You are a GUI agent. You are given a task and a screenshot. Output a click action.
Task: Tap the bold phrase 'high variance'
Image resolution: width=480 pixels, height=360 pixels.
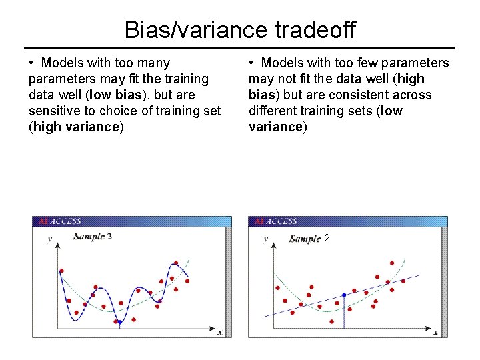77,127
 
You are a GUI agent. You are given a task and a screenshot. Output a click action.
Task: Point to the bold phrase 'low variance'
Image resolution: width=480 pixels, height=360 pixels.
325,119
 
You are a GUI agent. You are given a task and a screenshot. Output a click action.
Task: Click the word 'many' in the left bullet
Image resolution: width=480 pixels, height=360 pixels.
155,63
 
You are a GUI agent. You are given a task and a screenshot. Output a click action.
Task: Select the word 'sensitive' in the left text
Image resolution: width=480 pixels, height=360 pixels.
56,111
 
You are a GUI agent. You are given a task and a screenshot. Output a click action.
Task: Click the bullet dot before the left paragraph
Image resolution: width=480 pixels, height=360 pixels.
32,63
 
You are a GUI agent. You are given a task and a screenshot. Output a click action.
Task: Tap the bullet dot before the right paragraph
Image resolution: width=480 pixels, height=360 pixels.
252,63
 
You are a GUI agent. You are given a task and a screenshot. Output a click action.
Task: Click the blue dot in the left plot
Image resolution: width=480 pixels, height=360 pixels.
119,322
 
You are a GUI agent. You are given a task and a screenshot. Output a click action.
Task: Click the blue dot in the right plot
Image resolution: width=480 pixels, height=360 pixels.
343,295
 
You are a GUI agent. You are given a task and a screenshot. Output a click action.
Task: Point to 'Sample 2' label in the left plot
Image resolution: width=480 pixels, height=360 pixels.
92,236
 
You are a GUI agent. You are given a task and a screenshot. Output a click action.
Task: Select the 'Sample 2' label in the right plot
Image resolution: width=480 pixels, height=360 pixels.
310,239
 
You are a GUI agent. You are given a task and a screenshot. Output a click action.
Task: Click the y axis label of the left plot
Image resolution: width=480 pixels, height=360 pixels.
49,239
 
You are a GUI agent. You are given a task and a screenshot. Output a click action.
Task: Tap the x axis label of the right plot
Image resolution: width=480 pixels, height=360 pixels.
435,331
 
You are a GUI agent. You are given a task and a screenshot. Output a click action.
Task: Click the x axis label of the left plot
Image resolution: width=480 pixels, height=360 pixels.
220,331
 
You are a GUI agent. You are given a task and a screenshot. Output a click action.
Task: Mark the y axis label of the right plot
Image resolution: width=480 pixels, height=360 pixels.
265,239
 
